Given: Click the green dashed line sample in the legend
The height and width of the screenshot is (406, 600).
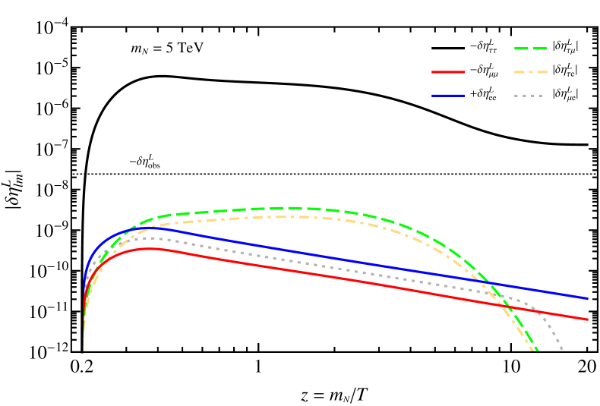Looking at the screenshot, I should (x=530, y=49).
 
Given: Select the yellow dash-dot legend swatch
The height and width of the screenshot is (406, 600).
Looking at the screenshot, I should (x=530, y=72).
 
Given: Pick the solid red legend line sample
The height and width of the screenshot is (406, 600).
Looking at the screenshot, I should (x=447, y=72).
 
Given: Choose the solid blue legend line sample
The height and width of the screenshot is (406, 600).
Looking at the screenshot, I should (x=447, y=96).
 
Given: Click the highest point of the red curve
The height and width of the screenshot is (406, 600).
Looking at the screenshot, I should (x=156, y=248).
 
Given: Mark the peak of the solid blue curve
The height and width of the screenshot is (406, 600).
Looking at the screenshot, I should (x=149, y=228).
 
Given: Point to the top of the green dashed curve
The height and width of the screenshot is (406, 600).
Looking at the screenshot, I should (x=287, y=207).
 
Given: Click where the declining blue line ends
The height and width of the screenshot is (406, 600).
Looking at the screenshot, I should (x=589, y=298).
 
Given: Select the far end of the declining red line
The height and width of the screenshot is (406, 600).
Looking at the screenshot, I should (x=589, y=319).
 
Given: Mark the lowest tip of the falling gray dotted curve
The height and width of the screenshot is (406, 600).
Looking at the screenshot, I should (x=563, y=351).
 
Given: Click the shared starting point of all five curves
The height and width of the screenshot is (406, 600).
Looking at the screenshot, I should (x=83, y=351).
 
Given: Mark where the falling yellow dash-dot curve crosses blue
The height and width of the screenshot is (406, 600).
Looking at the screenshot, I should (x=487, y=284).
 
